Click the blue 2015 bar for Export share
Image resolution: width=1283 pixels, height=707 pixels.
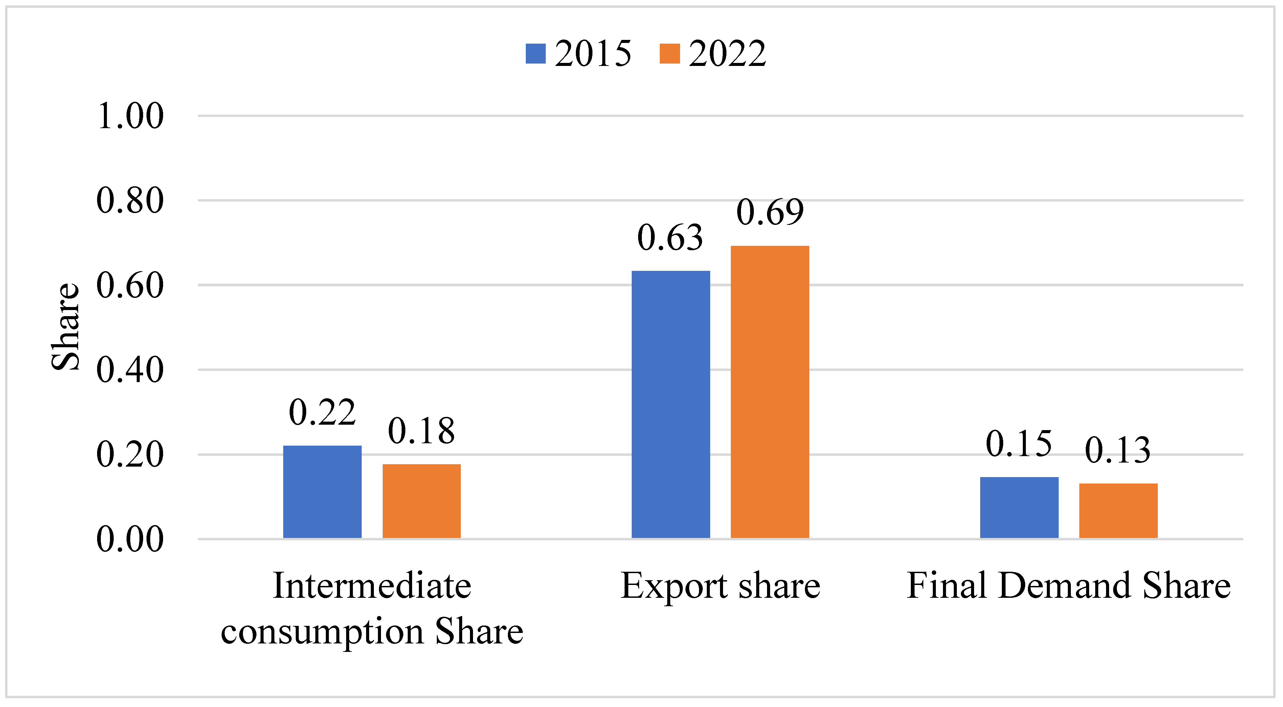tap(670, 404)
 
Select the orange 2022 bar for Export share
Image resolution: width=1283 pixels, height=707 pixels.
tap(769, 392)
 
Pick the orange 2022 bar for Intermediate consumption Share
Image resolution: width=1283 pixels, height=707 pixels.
tap(421, 501)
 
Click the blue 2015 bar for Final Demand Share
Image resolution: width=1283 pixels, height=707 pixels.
tap(1019, 508)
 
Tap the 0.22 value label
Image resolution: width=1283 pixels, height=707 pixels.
tap(322, 413)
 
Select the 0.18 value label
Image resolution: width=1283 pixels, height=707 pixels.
tap(421, 431)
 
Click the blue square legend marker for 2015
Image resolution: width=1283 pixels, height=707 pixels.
tap(535, 54)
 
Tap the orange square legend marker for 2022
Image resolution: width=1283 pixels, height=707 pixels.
tap(669, 54)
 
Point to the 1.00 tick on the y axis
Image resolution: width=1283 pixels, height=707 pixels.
tap(130, 116)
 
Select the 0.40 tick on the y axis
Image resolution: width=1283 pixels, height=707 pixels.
tap(130, 370)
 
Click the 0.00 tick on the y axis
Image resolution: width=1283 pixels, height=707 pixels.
tap(130, 539)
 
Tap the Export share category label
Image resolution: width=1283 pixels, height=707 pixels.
tap(720, 586)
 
